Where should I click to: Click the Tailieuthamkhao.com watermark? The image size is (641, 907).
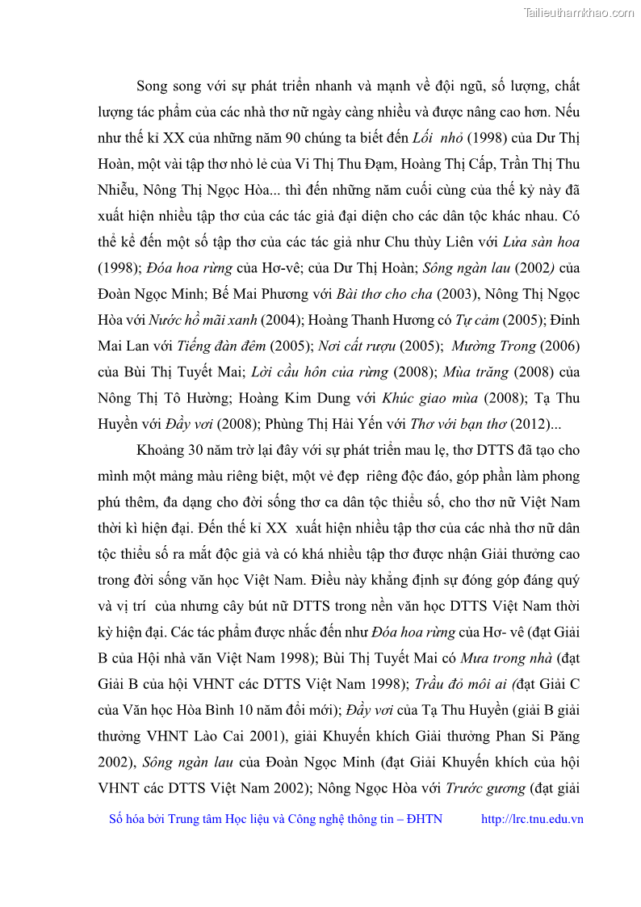[x=579, y=12]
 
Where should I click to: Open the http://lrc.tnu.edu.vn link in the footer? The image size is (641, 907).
[x=531, y=819]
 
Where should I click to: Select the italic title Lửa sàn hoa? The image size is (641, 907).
[x=541, y=241]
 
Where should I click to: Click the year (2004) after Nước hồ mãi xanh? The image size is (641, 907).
[x=282, y=320]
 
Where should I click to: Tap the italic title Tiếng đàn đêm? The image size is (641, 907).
[x=221, y=346]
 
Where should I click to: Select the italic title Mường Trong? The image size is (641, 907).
[x=493, y=346]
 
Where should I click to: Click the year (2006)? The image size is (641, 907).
[x=560, y=346]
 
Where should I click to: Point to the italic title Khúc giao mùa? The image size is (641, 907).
[x=430, y=398]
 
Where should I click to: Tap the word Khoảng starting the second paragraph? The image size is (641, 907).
[x=161, y=450]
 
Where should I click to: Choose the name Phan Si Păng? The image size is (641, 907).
[x=540, y=736]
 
